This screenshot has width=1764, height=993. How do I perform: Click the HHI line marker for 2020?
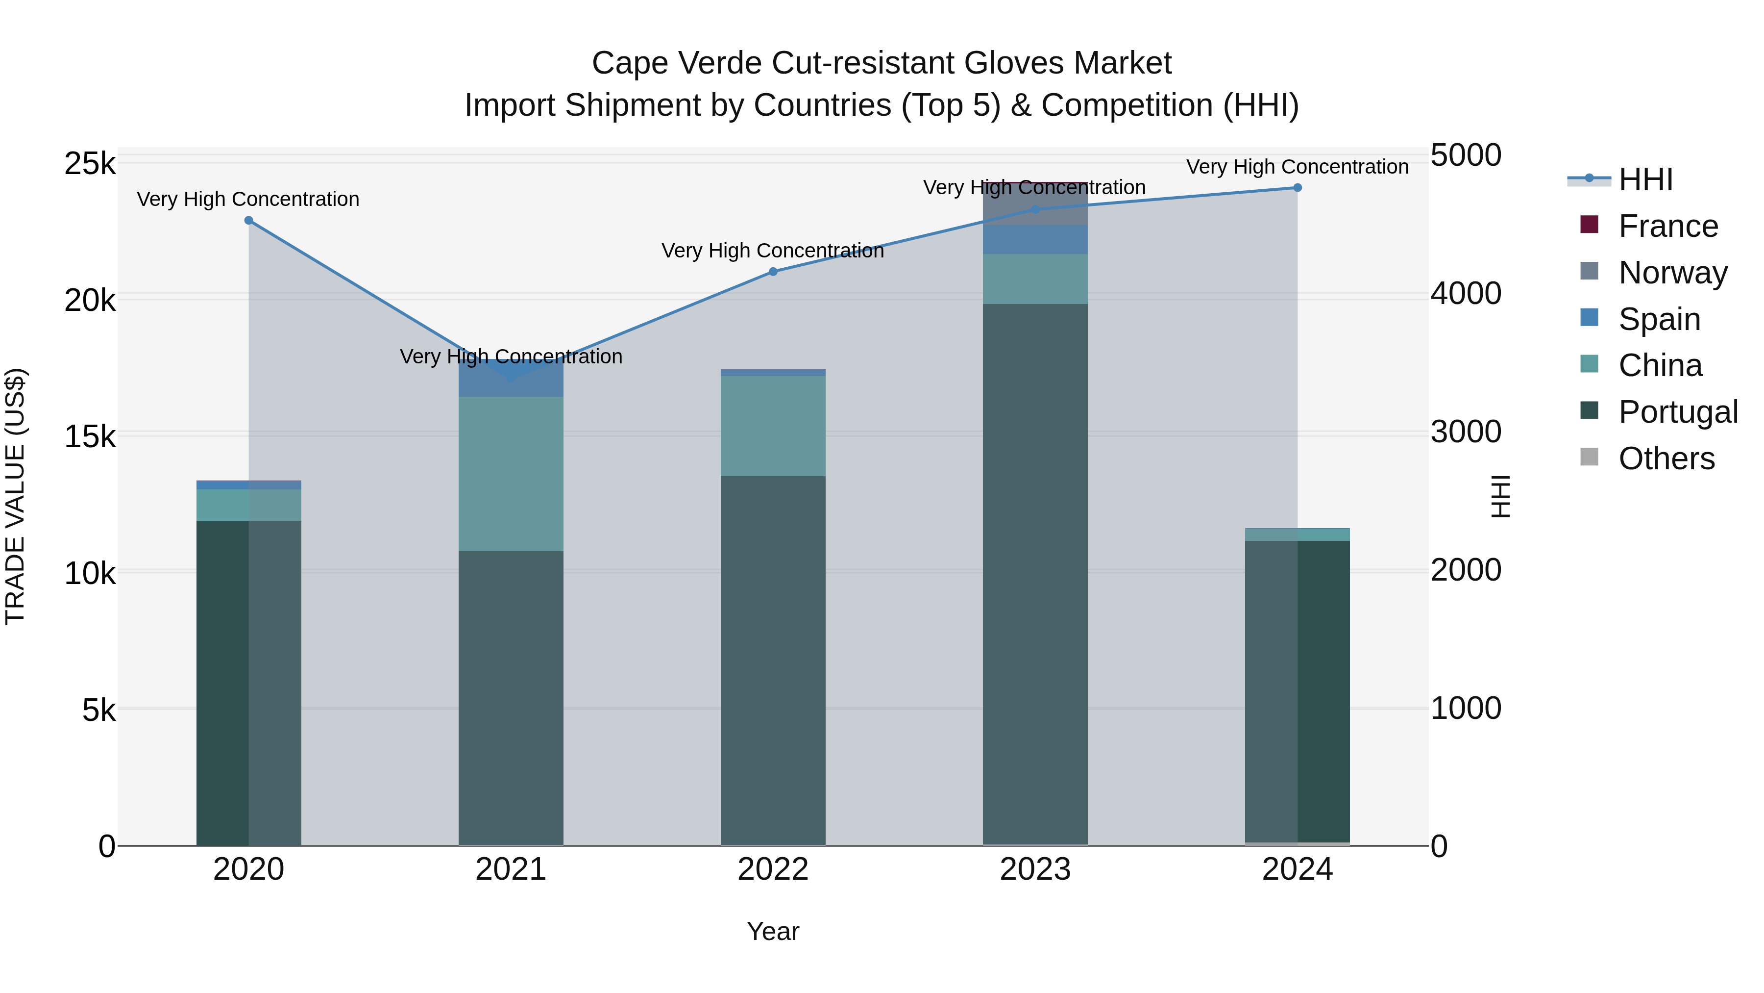click(248, 221)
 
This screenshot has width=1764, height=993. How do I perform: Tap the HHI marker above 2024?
click(1297, 188)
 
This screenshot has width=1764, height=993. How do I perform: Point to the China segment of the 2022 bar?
click(773, 426)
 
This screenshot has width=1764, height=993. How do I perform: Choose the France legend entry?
click(1667, 226)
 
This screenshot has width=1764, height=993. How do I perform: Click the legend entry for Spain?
click(1659, 319)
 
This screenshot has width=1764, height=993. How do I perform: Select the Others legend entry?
click(1666, 458)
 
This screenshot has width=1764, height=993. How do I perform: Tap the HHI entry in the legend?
click(1645, 179)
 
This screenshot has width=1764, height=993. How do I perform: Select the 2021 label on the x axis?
click(511, 869)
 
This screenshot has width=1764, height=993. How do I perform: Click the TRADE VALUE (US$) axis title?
click(15, 496)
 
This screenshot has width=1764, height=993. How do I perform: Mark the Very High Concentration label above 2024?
click(1297, 167)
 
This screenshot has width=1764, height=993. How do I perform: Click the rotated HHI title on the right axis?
click(1500, 496)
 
